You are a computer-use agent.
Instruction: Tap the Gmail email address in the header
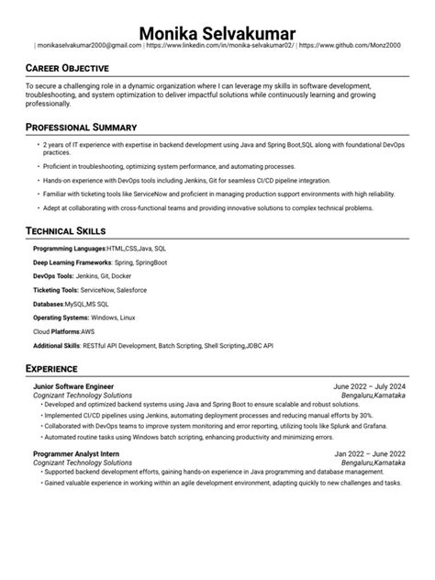pos(88,44)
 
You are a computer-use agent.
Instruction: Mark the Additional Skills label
pos(58,345)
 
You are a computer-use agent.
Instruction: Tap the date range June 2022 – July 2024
pos(370,387)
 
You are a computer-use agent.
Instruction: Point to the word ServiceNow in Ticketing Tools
pos(99,290)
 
